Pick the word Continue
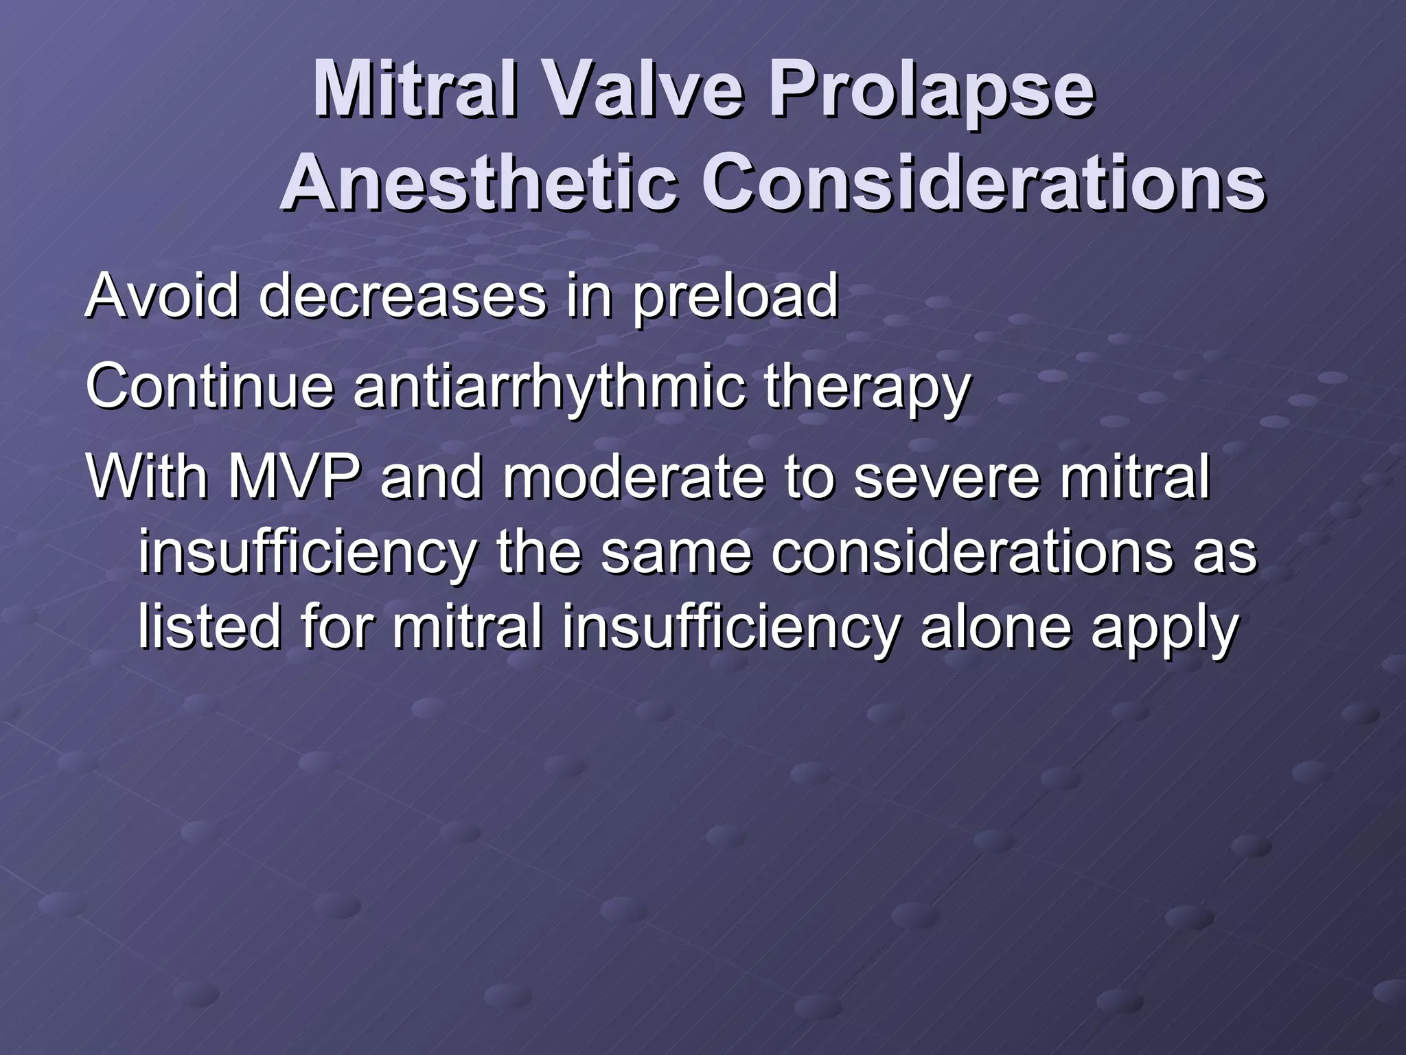coord(209,386)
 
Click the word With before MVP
coord(147,477)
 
